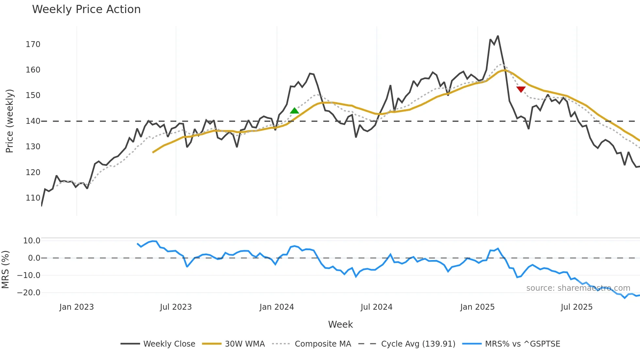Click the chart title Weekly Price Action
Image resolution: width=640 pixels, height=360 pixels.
(x=86, y=9)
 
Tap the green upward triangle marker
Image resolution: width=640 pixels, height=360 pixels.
(x=294, y=111)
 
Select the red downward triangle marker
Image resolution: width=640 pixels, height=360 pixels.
(x=521, y=89)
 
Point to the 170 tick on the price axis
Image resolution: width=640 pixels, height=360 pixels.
(x=33, y=44)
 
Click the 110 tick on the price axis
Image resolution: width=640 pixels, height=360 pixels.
(x=33, y=198)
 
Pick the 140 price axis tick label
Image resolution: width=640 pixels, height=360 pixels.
(x=33, y=121)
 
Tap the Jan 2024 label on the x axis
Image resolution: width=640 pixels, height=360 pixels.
(x=277, y=307)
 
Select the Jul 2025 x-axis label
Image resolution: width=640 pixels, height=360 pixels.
(x=576, y=307)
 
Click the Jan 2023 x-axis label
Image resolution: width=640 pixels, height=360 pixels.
(x=76, y=307)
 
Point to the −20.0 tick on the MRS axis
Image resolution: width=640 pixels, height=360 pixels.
(x=29, y=293)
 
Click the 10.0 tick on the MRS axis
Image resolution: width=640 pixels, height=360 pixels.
(x=32, y=241)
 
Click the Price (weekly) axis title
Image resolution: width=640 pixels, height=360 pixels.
(x=9, y=121)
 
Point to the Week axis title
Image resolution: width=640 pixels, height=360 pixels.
(x=340, y=324)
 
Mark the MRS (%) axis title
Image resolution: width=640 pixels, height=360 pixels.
(x=5, y=270)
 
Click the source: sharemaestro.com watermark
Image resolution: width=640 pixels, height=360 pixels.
(x=578, y=288)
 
